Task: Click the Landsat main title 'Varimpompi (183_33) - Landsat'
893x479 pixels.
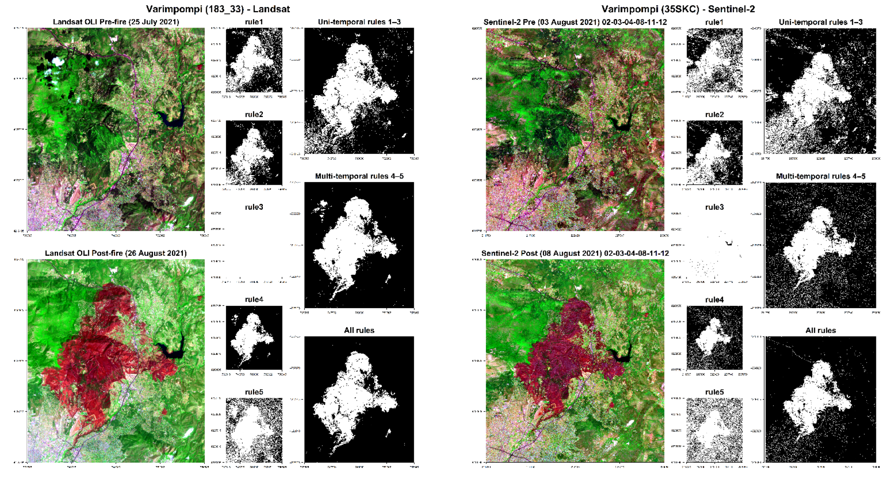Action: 218,9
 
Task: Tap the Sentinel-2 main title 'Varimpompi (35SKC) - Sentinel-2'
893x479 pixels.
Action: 678,9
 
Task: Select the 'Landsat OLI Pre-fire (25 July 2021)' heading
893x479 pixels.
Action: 116,22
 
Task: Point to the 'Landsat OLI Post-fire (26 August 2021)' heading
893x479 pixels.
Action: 116,253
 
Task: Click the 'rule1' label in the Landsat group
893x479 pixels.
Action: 254,22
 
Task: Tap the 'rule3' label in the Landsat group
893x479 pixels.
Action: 254,207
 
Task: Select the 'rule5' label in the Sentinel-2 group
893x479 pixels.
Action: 714,392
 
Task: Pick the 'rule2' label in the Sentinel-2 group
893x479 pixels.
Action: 714,114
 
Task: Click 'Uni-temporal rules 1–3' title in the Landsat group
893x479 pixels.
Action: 359,22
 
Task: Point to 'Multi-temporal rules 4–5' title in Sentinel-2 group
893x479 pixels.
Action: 820,176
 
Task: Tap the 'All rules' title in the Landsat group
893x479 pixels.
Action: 359,330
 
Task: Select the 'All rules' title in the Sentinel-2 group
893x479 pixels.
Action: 820,330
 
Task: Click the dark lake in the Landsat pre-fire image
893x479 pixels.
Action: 172,119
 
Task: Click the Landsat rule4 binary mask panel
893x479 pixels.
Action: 254,338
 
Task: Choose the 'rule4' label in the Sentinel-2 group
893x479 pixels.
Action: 714,299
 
